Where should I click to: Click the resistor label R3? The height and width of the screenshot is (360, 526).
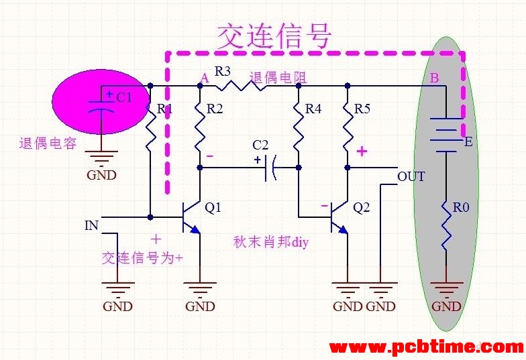tap(223, 71)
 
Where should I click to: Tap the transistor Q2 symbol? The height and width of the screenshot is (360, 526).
tap(339, 218)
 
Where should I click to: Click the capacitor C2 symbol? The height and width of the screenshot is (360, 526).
tap(270, 168)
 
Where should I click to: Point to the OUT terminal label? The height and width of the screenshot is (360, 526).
tap(411, 177)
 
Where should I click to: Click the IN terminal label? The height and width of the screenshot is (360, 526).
tap(91, 225)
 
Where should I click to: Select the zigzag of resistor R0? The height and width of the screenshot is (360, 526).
tap(446, 225)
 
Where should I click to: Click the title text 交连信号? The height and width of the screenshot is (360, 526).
tap(274, 36)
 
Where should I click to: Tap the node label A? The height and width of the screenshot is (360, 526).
tap(205, 78)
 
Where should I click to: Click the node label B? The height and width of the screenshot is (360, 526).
tap(435, 78)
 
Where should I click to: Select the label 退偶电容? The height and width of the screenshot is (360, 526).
tap(48, 143)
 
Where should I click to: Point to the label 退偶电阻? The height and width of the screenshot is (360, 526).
tap(278, 78)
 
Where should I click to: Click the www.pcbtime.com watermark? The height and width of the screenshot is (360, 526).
tap(427, 347)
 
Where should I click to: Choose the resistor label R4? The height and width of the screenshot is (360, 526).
tap(313, 109)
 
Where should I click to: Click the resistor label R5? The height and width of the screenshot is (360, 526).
tap(362, 109)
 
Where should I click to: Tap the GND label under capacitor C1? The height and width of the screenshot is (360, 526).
tap(101, 175)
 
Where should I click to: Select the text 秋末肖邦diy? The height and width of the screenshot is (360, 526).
tap(270, 242)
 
